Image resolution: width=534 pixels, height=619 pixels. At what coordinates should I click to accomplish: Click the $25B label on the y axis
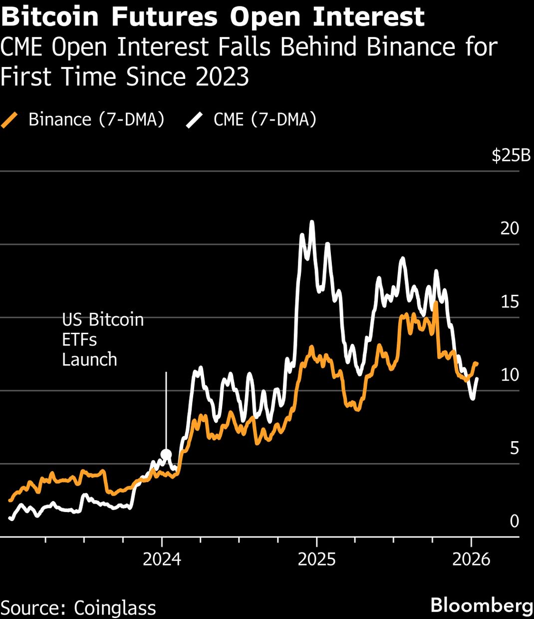pyautogui.click(x=511, y=155)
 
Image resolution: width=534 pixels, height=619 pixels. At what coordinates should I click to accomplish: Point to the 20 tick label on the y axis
pyautogui.click(x=510, y=228)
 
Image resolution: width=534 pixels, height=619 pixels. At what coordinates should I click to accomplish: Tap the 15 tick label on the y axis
pyautogui.click(x=510, y=302)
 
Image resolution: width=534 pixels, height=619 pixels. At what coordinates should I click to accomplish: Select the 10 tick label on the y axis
pyautogui.click(x=510, y=375)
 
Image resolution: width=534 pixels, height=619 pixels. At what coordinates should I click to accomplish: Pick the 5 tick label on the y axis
pyautogui.click(x=514, y=448)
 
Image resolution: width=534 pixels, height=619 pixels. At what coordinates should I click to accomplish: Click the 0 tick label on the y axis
pyautogui.click(x=514, y=521)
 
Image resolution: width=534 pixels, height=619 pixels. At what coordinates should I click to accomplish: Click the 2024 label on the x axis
pyautogui.click(x=162, y=559)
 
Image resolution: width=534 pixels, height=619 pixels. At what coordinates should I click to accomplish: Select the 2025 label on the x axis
pyautogui.click(x=316, y=559)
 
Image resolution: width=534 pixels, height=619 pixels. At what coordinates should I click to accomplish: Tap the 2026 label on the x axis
pyautogui.click(x=471, y=559)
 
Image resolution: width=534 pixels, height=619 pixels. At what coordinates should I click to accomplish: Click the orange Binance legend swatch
pyautogui.click(x=10, y=120)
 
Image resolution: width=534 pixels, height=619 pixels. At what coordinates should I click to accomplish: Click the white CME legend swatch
pyautogui.click(x=195, y=120)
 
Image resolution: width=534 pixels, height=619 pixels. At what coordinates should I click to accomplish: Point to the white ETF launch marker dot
pyautogui.click(x=166, y=455)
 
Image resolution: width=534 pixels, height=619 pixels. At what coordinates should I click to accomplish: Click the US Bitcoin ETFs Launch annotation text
pyautogui.click(x=102, y=339)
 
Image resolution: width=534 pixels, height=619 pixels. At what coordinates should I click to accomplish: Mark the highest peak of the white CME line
pyautogui.click(x=312, y=222)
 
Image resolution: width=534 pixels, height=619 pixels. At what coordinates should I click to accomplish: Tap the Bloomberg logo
pyautogui.click(x=482, y=605)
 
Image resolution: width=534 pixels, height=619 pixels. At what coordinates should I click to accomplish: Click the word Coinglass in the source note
pyautogui.click(x=115, y=608)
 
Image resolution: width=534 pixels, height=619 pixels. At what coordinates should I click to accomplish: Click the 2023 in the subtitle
pyautogui.click(x=222, y=77)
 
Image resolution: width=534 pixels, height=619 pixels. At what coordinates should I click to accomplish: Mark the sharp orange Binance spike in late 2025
pyautogui.click(x=436, y=303)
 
